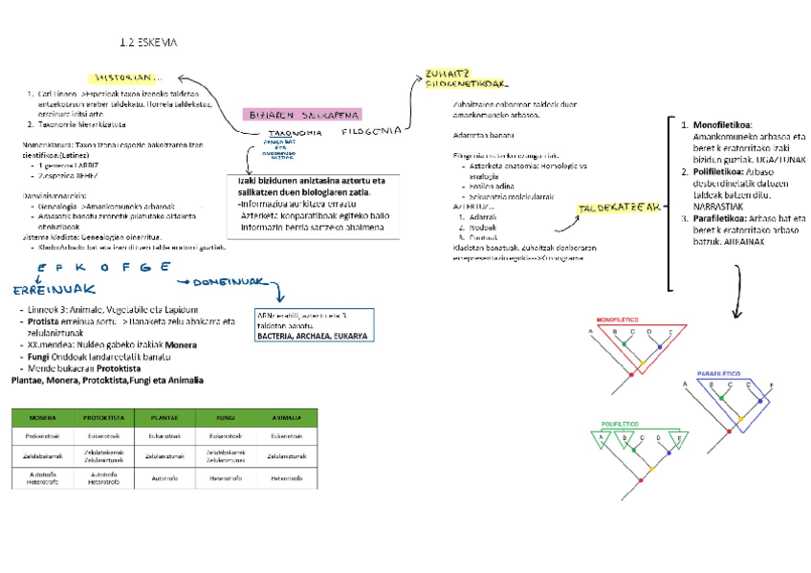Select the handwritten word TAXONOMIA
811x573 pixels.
point(295,133)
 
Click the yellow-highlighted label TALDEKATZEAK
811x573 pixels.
point(621,208)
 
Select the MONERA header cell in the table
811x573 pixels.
point(40,418)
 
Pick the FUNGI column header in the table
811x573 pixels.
point(226,418)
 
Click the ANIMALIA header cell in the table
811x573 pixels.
point(287,418)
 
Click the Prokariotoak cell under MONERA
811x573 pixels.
point(40,436)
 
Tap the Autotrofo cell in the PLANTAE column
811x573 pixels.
point(164,478)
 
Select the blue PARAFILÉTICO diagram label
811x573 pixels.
point(719,372)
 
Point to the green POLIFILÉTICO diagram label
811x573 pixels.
point(619,423)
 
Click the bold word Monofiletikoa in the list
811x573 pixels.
point(722,125)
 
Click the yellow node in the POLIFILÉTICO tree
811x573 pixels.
point(649,469)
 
